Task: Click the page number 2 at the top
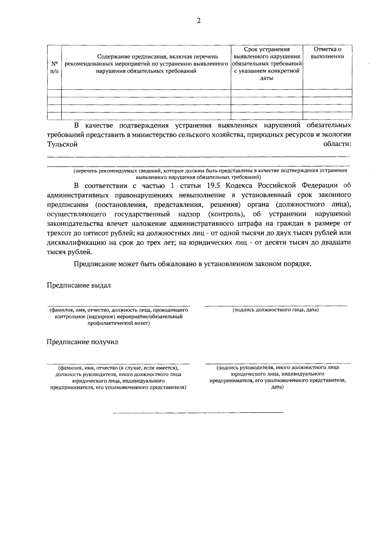point(199,21)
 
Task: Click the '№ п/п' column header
point(54,67)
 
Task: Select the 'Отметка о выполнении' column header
point(328,53)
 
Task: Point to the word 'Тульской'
point(62,144)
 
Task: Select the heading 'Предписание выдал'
point(79,285)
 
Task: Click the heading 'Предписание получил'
point(82,342)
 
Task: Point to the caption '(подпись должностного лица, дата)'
point(275,310)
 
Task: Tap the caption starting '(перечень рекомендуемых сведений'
point(210,171)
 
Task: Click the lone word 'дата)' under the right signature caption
point(277,387)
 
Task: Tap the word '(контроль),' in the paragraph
point(227,214)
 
